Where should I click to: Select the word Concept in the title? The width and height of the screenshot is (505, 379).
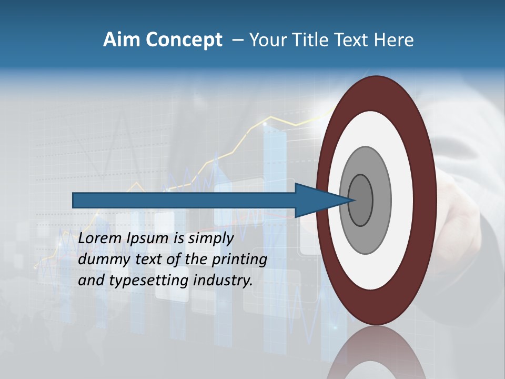coord(184,40)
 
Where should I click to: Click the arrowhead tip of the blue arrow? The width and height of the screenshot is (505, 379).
coord(353,200)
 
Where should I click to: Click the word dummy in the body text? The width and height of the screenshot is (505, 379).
coord(103,260)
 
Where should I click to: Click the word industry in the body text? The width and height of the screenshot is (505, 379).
coord(223,281)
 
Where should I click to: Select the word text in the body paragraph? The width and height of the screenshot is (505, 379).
coord(148,260)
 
